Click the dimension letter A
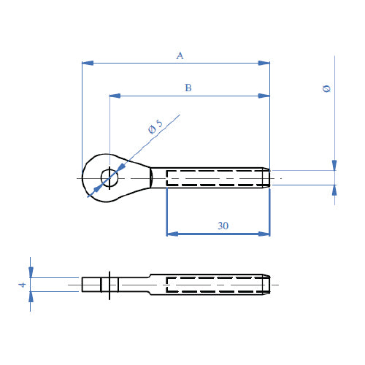tap(180, 55)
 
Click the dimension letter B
tap(188, 88)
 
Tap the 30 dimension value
tap(223, 226)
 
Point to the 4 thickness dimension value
tap(23, 285)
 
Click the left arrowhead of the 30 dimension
tap(172, 234)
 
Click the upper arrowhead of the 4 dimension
tap(31, 272)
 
